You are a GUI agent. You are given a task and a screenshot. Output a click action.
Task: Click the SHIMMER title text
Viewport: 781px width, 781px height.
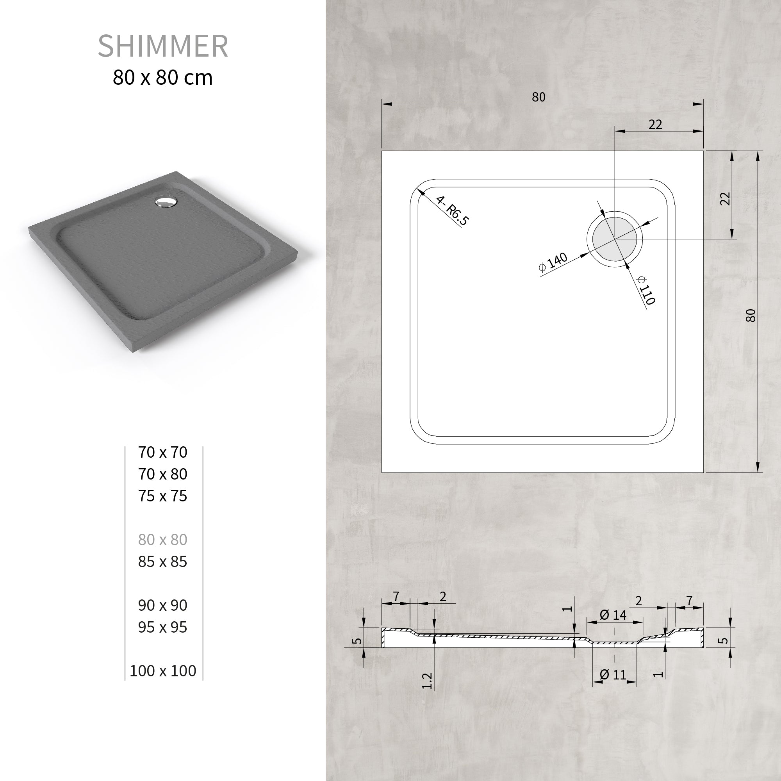pos(163,46)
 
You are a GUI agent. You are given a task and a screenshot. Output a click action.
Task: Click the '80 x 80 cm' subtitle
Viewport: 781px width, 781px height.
pos(162,78)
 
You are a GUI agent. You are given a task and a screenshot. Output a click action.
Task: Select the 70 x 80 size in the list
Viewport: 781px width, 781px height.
pos(162,474)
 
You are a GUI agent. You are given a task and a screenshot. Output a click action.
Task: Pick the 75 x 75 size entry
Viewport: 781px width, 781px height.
pos(162,496)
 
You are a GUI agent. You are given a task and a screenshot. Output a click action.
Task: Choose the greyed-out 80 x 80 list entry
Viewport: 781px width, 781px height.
pos(162,540)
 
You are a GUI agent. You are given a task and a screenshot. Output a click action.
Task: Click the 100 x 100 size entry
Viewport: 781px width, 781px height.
pos(163,670)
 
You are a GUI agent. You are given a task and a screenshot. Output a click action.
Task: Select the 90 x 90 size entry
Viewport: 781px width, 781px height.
pos(162,605)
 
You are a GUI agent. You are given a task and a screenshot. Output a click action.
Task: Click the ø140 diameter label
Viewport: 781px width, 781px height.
pos(553,262)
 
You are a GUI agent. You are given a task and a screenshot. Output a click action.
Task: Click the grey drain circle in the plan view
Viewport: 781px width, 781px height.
pos(615,239)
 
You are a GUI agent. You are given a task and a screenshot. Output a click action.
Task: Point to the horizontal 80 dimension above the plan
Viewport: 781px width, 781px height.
pos(538,97)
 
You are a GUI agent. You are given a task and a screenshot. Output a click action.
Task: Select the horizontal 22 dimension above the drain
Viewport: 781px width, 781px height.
pos(655,125)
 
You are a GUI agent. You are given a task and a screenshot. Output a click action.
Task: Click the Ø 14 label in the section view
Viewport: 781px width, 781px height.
pos(613,615)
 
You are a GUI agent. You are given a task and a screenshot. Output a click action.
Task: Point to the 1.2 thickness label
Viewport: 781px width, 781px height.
pos(427,681)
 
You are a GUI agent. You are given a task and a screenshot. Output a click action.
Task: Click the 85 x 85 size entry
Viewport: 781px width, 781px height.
pos(162,562)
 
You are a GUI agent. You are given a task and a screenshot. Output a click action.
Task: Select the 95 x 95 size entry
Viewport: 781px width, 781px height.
pos(162,627)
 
